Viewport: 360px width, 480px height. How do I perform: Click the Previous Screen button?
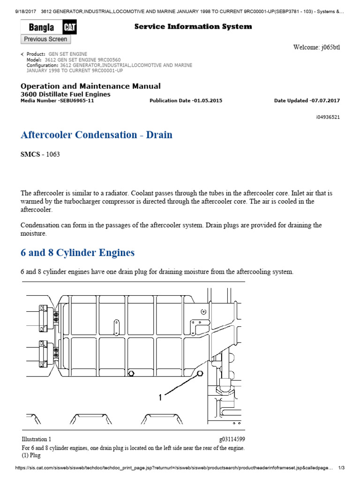45,39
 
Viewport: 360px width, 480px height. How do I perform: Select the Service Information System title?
193,27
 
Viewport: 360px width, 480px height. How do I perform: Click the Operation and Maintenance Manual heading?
90,86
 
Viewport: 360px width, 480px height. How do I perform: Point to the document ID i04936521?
328,117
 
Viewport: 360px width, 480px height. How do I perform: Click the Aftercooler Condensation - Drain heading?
97,135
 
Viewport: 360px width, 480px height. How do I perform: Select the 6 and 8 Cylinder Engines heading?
77,253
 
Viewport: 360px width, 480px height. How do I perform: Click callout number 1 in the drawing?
160,397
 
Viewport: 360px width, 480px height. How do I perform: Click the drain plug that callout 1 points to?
200,374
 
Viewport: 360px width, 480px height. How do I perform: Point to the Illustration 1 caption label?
37,439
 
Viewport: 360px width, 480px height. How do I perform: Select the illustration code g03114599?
232,439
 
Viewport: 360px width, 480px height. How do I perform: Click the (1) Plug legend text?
31,455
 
